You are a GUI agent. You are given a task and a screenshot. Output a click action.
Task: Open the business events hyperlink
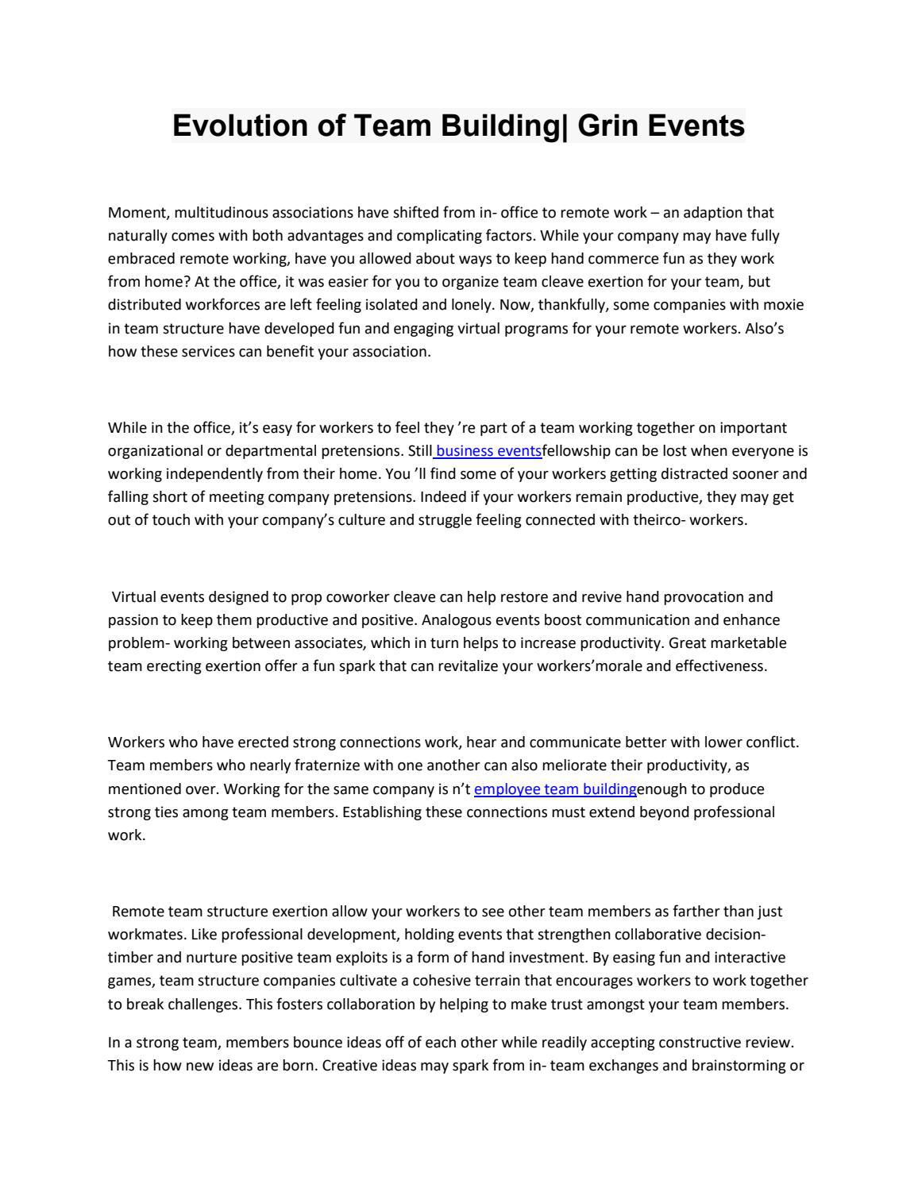[488, 451]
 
